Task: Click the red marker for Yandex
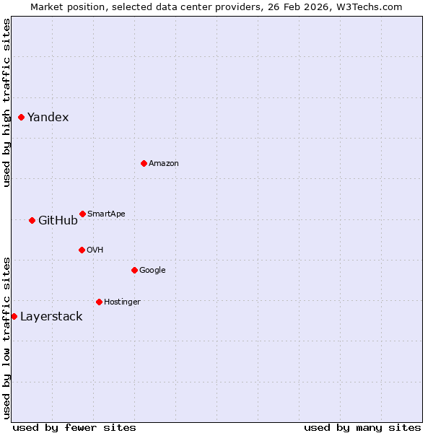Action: coord(21,117)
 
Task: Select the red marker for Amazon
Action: coord(144,163)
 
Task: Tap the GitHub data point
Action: coord(32,220)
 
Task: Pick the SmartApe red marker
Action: coord(82,214)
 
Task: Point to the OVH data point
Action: coord(82,250)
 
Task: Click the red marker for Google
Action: coord(134,270)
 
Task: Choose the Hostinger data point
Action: coord(99,302)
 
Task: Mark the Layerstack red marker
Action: coord(14,316)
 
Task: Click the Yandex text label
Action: coord(48,117)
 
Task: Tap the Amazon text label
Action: coord(163,163)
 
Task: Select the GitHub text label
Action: coord(58,220)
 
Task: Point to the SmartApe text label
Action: coord(106,214)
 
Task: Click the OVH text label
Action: coord(95,250)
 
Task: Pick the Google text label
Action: coord(152,270)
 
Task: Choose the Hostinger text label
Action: coord(122,302)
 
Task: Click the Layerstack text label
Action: coord(51,316)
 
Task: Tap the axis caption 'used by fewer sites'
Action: coord(74,427)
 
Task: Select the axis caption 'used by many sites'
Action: coord(362,427)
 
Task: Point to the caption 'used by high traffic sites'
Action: coord(6,102)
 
